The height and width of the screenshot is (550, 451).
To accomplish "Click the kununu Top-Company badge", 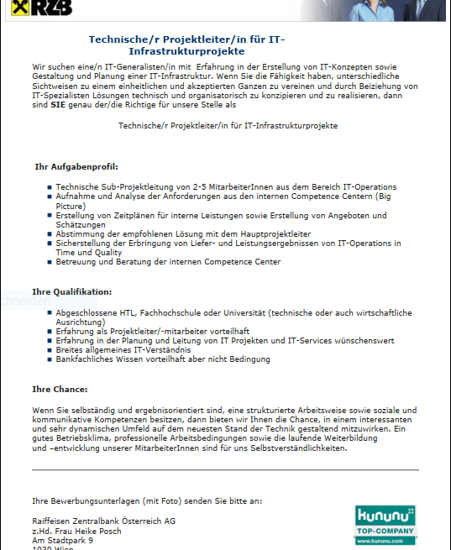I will click(x=385, y=526).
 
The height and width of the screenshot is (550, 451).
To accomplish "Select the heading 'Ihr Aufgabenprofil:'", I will click(x=76, y=167).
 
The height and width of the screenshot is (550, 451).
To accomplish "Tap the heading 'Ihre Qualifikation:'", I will click(x=71, y=291).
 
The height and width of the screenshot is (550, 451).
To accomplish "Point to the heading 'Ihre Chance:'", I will click(x=60, y=389).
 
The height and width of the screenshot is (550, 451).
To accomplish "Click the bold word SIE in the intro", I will click(x=58, y=106).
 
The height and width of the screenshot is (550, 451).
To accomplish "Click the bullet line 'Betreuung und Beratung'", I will click(x=168, y=262).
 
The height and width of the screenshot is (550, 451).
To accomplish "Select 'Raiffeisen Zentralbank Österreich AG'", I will click(x=103, y=521).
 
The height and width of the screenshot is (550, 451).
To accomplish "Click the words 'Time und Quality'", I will click(x=83, y=252).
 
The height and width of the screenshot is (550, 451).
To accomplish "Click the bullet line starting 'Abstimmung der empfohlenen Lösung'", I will click(x=183, y=234).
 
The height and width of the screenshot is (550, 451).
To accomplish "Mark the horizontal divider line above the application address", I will click(x=225, y=470).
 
